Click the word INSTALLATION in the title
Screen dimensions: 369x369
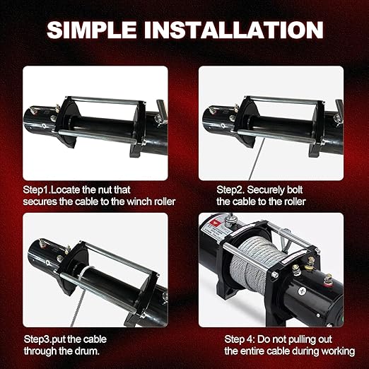pos(238,30)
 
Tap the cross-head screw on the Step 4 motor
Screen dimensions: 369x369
pos(302,291)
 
